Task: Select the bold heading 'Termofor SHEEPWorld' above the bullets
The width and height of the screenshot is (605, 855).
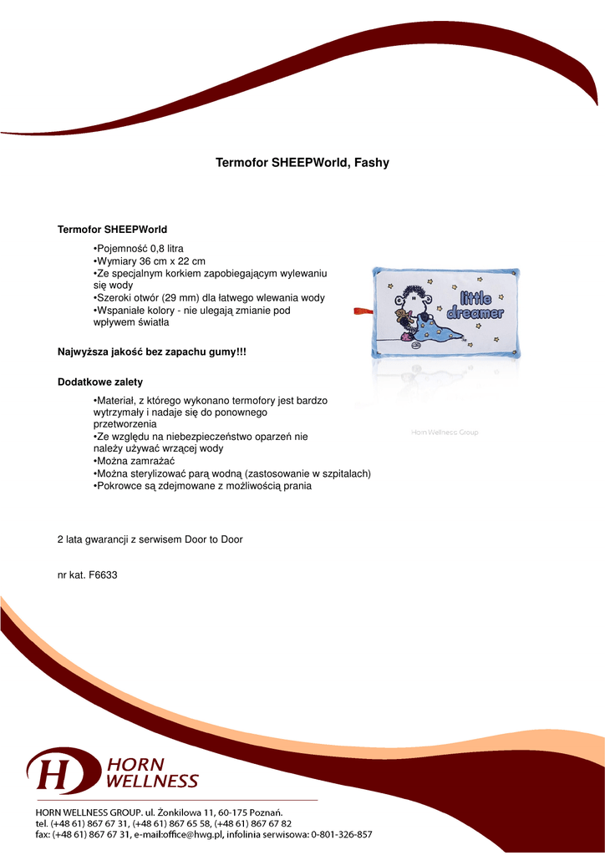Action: click(x=112, y=229)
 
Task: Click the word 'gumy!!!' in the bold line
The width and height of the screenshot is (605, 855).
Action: click(x=229, y=352)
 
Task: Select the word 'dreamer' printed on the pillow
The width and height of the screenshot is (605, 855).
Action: click(x=475, y=314)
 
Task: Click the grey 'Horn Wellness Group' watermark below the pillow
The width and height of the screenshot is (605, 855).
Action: click(x=445, y=433)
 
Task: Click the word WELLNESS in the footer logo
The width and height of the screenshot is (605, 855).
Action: click(x=152, y=782)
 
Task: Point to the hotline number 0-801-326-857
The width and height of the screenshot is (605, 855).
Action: click(x=341, y=834)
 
